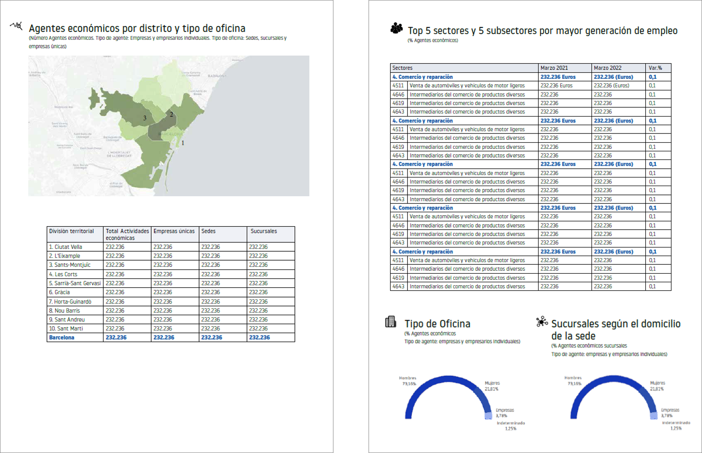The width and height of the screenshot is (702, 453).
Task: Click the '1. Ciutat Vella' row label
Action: tap(66, 247)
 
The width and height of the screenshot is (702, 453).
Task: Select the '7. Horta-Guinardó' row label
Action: tap(70, 302)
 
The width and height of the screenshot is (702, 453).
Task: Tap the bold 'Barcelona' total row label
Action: tap(62, 338)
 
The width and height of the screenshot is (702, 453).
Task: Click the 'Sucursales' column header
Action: tap(264, 231)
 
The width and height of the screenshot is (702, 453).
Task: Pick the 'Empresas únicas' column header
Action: tap(174, 231)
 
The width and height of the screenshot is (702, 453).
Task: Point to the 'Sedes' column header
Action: tap(208, 231)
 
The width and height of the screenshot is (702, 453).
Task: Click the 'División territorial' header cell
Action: tap(72, 231)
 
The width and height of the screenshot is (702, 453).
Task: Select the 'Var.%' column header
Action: tap(655, 68)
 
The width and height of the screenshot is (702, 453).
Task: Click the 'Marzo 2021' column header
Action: tap(554, 68)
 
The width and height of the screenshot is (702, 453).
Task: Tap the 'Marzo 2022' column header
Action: tap(608, 68)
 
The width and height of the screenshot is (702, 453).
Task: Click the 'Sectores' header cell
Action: tap(402, 68)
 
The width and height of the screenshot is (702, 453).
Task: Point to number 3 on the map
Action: tap(145, 118)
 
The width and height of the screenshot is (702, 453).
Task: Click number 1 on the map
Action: tap(183, 143)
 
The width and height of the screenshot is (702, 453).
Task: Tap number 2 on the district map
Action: tap(172, 114)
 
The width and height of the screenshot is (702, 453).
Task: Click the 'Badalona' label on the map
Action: tap(217, 76)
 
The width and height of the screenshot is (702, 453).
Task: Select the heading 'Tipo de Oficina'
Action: tap(437, 324)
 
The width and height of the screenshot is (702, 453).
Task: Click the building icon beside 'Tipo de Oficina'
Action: tap(391, 322)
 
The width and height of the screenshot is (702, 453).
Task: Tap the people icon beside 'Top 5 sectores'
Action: tap(397, 28)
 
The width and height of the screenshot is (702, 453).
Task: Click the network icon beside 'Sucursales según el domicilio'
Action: tap(541, 322)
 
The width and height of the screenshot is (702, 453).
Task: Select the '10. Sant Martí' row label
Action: tap(66, 329)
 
